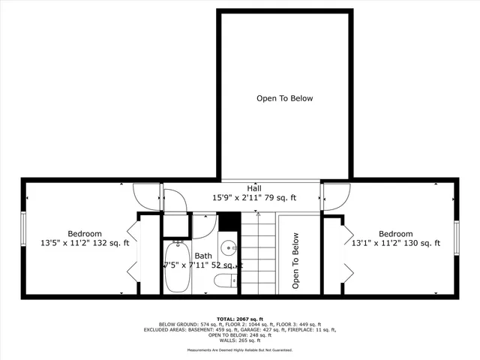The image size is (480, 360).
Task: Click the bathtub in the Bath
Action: [177, 267]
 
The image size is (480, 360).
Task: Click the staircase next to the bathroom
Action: [258, 253]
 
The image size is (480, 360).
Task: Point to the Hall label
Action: [254, 187]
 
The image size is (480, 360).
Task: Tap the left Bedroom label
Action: [85, 233]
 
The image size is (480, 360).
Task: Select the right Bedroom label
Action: [395, 233]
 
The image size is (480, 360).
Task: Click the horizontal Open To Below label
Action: [284, 98]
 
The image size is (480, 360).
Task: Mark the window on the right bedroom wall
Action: [456, 238]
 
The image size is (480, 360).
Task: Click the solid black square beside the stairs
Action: [229, 223]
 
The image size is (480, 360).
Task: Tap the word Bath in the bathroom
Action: [203, 256]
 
